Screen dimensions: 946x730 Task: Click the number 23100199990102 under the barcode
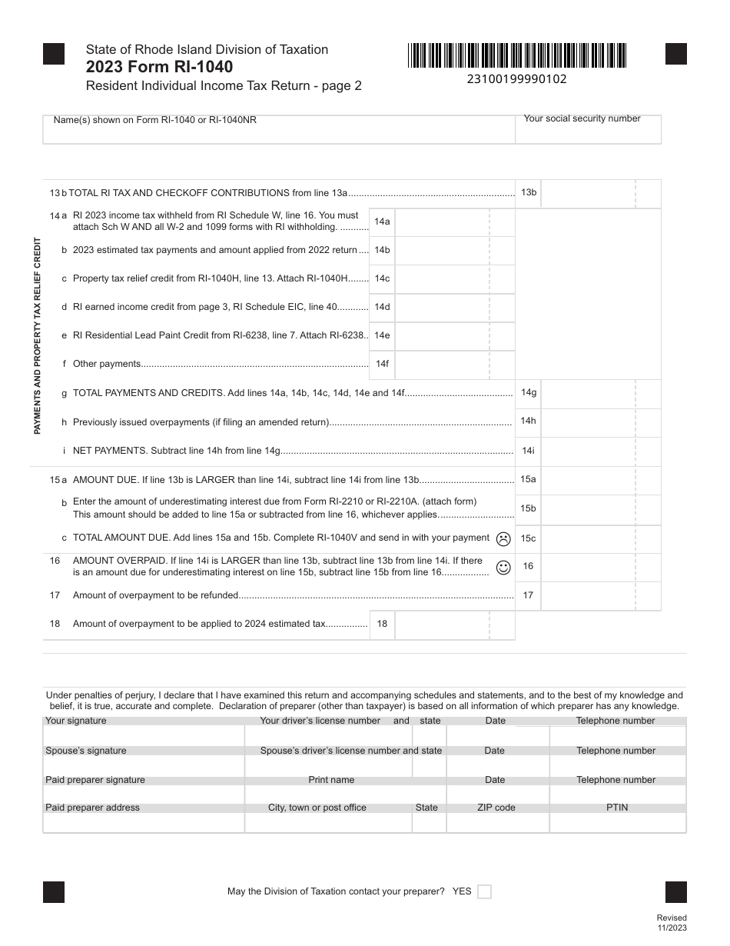(517, 78)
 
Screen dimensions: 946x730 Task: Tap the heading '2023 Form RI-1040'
(160, 67)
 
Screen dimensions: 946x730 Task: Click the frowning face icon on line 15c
(503, 538)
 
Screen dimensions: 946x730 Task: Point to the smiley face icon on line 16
(503, 568)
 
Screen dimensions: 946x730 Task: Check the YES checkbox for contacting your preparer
(484, 892)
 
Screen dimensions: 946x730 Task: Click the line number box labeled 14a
(382, 222)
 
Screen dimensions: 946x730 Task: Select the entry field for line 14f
(442, 364)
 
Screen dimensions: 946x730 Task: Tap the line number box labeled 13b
(529, 192)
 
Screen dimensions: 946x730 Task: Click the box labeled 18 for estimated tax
(382, 624)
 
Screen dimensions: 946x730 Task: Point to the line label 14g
(529, 393)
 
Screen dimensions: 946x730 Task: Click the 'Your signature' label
(76, 721)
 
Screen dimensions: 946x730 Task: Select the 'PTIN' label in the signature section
(617, 808)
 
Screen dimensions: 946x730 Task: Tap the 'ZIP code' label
(496, 808)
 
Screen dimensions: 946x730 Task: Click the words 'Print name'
(331, 780)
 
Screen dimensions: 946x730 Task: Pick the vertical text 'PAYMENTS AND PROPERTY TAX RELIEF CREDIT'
(37, 336)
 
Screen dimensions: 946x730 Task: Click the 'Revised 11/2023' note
(672, 922)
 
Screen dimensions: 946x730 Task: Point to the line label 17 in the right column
(529, 595)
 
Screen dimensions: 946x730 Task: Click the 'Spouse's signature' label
(86, 751)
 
